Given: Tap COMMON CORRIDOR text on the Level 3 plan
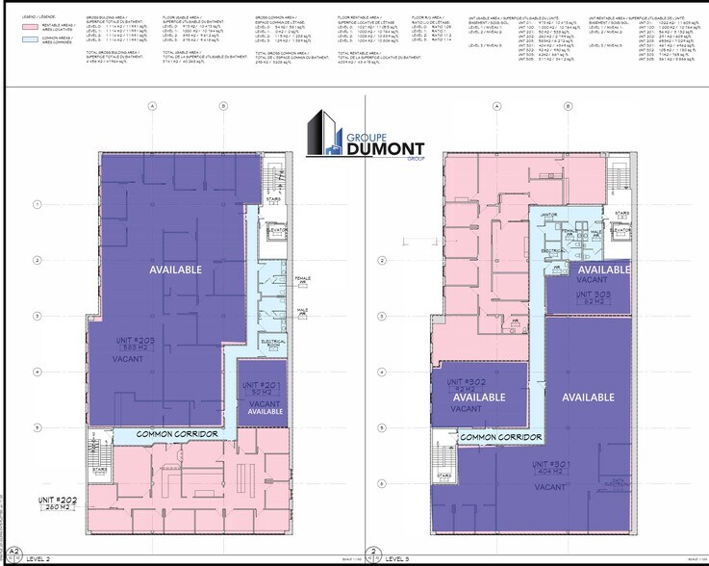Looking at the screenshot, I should (x=498, y=437).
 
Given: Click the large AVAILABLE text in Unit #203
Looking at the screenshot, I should (x=175, y=270).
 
